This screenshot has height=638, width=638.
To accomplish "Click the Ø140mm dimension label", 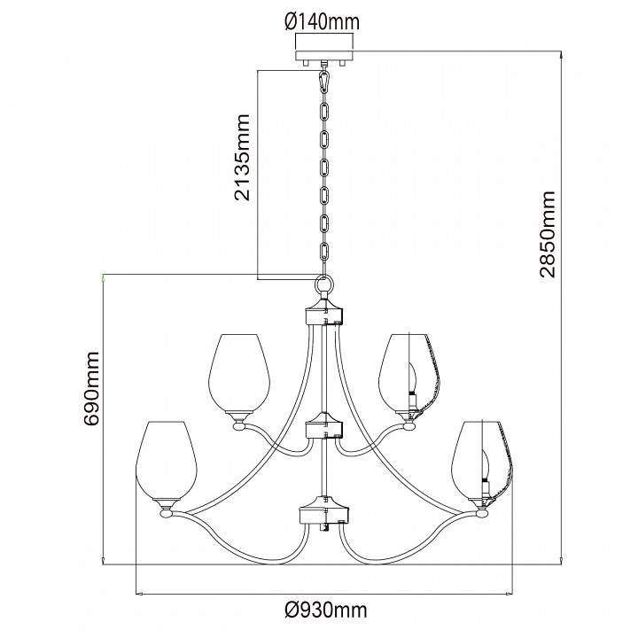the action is (323, 22).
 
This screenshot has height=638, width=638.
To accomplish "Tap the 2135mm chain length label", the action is (242, 157).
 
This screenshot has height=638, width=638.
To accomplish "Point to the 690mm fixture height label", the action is (90, 389).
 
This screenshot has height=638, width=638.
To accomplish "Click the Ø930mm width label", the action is (326, 610).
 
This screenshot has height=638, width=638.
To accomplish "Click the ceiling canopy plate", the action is (324, 56).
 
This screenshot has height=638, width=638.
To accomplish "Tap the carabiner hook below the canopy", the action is (324, 82).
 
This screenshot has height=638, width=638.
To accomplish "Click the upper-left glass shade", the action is (239, 373).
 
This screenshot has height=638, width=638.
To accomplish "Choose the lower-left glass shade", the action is (167, 461).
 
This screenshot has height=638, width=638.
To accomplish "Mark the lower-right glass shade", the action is (483, 461).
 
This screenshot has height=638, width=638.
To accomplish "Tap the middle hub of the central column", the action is (324, 425).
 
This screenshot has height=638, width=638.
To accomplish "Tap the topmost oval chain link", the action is (324, 112).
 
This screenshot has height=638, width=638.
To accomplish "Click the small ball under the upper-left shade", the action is (239, 426).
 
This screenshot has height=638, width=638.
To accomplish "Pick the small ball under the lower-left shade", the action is (167, 514).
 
